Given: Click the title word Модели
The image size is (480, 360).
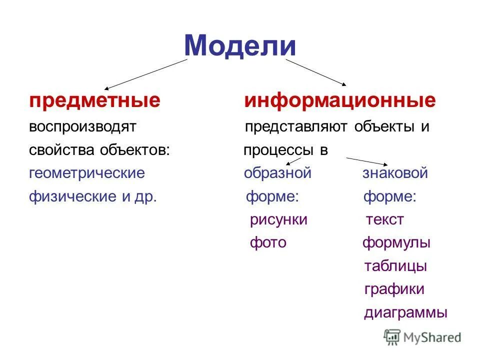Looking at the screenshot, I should coord(240,45).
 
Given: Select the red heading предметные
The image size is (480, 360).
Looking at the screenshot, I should coord(94,101).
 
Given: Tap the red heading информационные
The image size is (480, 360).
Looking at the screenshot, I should coord(339,101).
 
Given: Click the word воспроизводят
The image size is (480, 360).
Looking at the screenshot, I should coord(82,126).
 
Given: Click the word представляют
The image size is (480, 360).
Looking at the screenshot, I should coord(296,126).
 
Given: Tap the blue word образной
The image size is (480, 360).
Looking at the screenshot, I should coord(277,173).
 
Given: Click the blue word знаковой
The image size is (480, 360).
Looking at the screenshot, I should coord(395,173).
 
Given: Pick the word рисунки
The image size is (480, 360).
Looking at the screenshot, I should coord(278,220).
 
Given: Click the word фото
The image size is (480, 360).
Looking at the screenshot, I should coord(268,243).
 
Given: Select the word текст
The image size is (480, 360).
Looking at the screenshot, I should coord(384,220).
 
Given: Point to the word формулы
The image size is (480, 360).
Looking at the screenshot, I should coord(396,243).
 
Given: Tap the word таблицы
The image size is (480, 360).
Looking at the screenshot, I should coord(395,266).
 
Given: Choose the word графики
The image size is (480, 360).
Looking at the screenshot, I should coord(394,289).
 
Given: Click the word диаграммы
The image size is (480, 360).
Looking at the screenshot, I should coord(405,313).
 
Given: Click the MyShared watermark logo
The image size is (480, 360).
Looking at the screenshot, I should coord(422,337).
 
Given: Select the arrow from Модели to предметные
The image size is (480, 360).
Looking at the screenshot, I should coord(146,74).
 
